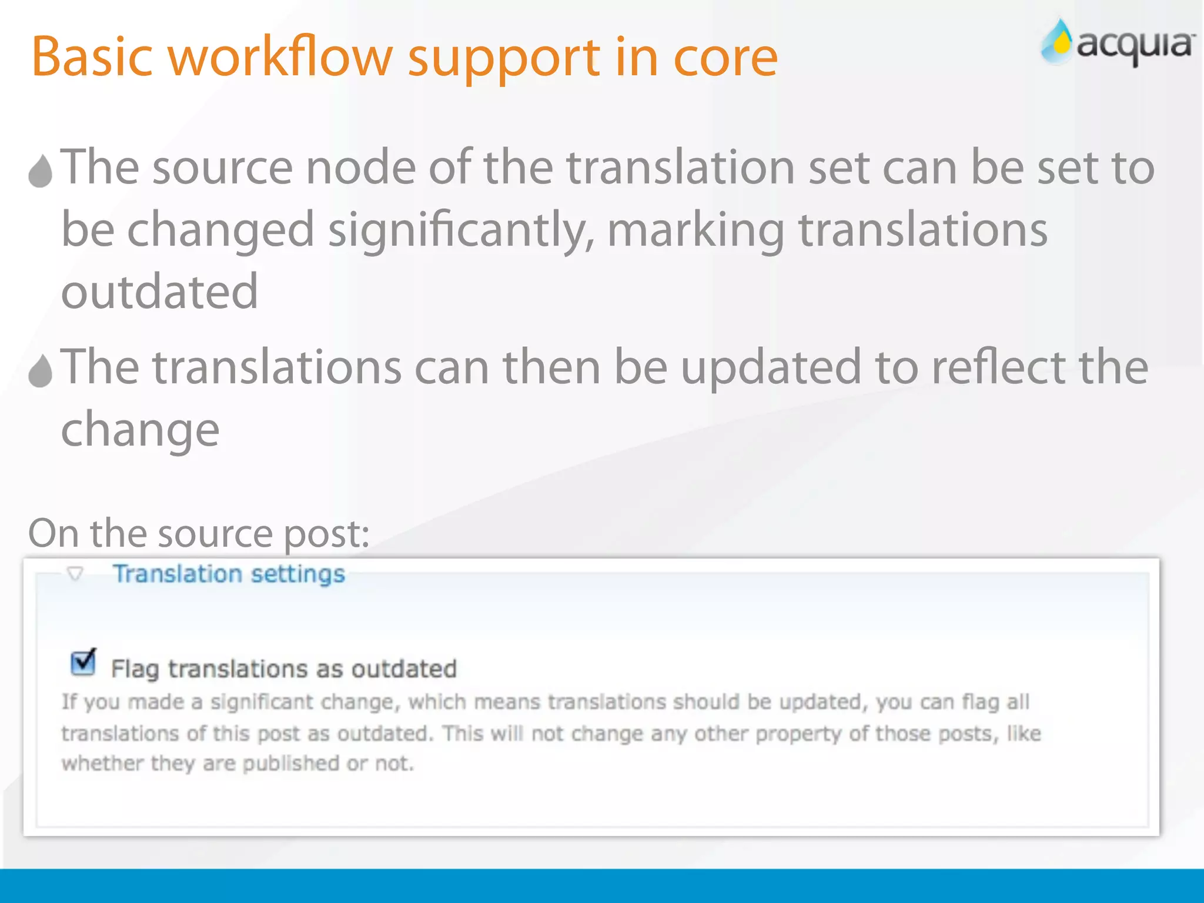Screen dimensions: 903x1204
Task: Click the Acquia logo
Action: click(1117, 42)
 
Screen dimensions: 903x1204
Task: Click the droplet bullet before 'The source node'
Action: click(41, 171)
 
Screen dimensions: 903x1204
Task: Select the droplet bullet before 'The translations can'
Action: click(41, 371)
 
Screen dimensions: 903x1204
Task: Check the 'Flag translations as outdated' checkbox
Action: click(83, 663)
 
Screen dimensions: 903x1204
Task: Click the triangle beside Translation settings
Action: click(75, 573)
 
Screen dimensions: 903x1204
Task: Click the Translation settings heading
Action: click(229, 574)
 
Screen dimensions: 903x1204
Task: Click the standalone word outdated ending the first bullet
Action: click(159, 292)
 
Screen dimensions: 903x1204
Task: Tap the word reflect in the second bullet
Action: click(998, 367)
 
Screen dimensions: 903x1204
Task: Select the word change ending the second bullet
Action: click(140, 430)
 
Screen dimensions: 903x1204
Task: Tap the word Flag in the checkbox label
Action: click(135, 669)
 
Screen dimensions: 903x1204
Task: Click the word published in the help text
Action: click(291, 764)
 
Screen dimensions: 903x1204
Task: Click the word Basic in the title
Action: click(92, 57)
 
